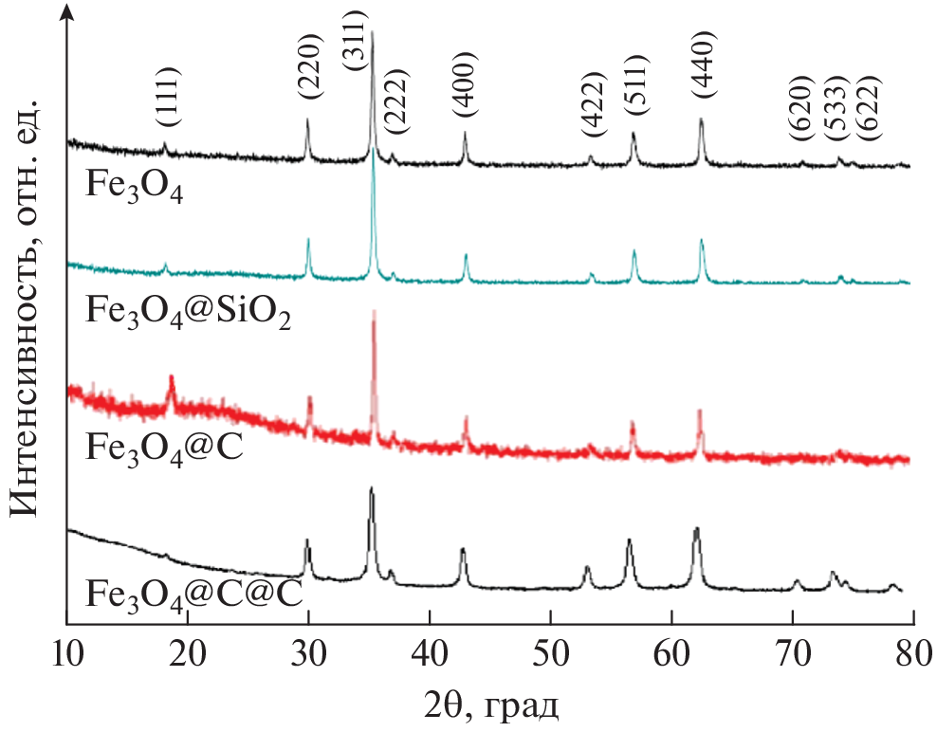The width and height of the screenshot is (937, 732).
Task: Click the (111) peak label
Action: (x=167, y=98)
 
